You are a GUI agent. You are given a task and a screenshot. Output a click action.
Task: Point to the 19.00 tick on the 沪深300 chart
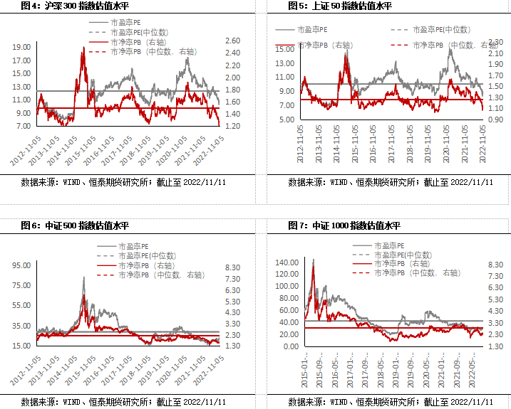pyautogui.click(x=21, y=47)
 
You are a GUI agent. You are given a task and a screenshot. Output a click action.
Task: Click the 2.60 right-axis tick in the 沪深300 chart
pyautogui.click(x=232, y=41)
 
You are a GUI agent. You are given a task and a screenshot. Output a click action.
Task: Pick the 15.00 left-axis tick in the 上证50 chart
pyautogui.click(x=285, y=49)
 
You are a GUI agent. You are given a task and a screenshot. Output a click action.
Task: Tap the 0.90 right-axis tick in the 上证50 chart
pyautogui.click(x=496, y=119)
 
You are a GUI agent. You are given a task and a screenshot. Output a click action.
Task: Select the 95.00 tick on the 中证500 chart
pyautogui.click(x=21, y=265)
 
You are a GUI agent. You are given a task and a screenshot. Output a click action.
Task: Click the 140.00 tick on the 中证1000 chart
pyautogui.click(x=287, y=262)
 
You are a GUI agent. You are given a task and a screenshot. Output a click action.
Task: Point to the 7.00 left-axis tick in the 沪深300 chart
pyautogui.click(x=24, y=126)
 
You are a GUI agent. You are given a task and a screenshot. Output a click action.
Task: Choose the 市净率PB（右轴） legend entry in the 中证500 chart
pyautogui.click(x=142, y=265)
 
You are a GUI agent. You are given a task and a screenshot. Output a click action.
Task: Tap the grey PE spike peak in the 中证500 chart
pyautogui.click(x=84, y=277)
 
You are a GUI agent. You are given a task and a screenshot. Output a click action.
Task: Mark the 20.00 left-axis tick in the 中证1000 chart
pyautogui.click(x=289, y=334)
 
